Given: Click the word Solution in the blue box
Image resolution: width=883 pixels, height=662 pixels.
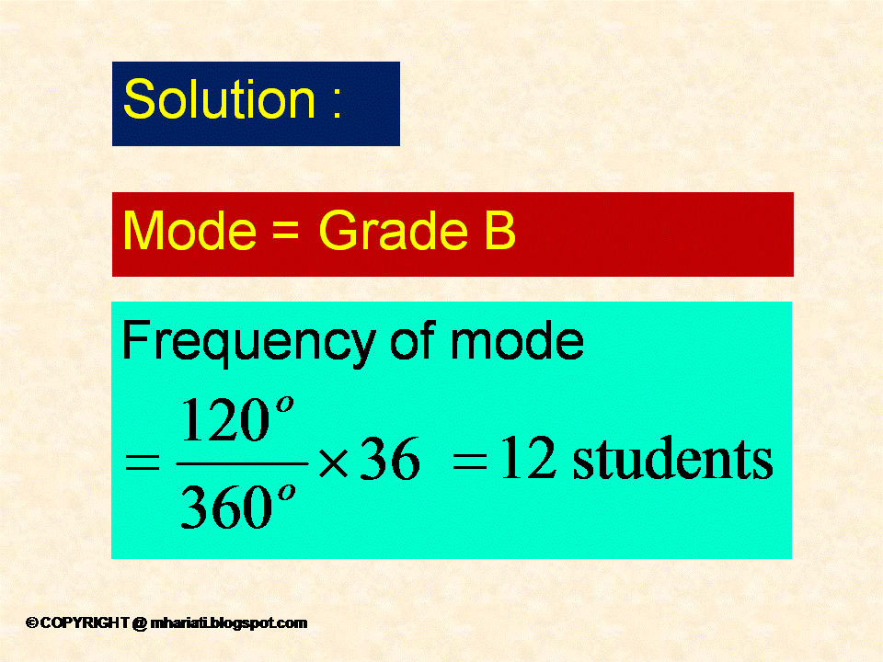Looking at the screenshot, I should click(219, 99).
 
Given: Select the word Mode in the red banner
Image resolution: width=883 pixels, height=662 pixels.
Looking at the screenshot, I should click(189, 232).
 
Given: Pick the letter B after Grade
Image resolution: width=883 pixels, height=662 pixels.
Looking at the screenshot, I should click(497, 232).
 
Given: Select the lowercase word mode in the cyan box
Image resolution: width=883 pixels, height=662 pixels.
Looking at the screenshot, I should click(517, 342).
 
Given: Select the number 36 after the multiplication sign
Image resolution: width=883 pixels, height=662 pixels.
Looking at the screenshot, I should click(389, 461).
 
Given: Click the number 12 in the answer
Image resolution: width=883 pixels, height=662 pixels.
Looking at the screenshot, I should click(529, 460).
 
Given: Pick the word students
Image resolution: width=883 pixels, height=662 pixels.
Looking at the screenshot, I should click(672, 460).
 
